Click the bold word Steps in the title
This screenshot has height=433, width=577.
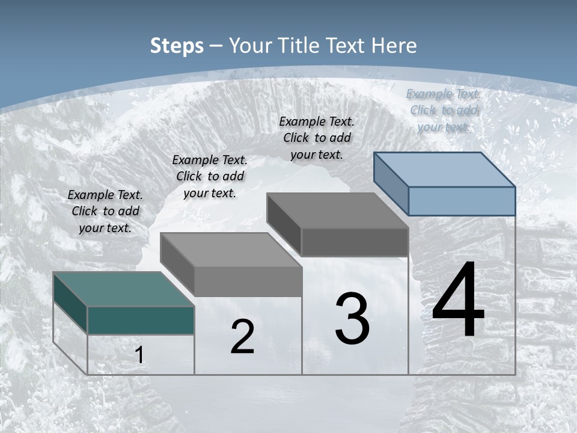point(177,46)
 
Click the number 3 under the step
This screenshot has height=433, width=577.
point(352,319)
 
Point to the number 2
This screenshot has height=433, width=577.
point(242,337)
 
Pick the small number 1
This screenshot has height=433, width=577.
point(139,355)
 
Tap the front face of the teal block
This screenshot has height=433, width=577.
point(141,320)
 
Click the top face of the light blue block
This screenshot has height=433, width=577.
point(444,169)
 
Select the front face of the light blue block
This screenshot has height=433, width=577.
point(462,201)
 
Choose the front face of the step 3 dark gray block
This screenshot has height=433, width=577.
point(355,242)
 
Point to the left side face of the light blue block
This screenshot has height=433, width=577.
point(391,183)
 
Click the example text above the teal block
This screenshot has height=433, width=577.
point(105,211)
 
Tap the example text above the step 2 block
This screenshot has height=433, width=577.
point(210,176)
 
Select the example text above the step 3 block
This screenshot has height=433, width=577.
point(317,138)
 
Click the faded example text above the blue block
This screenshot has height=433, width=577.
point(444,110)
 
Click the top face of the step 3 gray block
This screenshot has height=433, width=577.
point(337,210)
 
